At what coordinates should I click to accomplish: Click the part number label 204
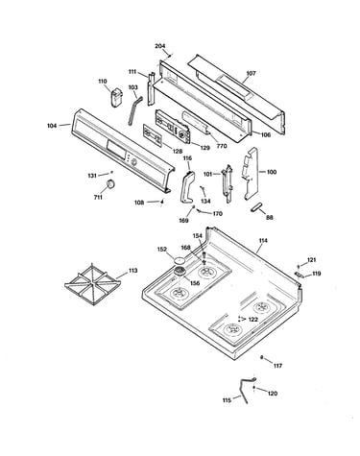tap(160, 46)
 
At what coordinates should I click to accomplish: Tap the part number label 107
tap(251, 73)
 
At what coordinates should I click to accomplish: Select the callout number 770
tap(222, 146)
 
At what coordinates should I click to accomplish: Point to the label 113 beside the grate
tap(132, 271)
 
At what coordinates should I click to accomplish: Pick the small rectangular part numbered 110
tap(117, 97)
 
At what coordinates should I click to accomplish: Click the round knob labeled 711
tap(110, 184)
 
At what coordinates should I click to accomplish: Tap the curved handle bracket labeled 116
tap(187, 186)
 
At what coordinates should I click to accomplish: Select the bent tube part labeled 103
tap(133, 109)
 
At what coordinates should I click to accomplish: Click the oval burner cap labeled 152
tap(180, 260)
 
